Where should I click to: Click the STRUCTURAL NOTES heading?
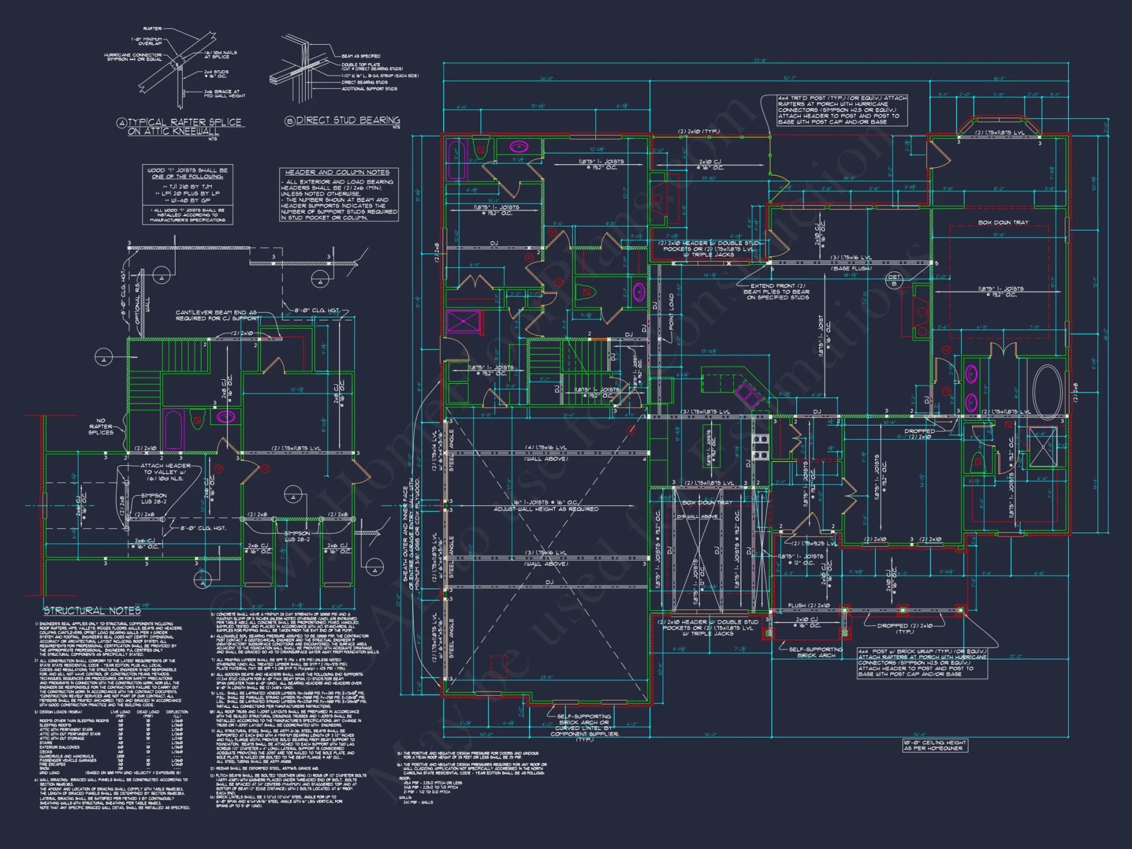pyautogui.click(x=92, y=611)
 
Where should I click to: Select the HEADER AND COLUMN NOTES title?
pyautogui.click(x=337, y=172)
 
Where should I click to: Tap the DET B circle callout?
pyautogui.click(x=894, y=280)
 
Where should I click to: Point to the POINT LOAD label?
pyautogui.click(x=672, y=311)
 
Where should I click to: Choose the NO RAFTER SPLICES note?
pyautogui.click(x=101, y=426)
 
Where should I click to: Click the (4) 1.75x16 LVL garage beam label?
pyautogui.click(x=546, y=448)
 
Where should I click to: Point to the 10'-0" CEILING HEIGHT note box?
pyautogui.click(x=934, y=745)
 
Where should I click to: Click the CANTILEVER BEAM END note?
pyautogui.click(x=216, y=315)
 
